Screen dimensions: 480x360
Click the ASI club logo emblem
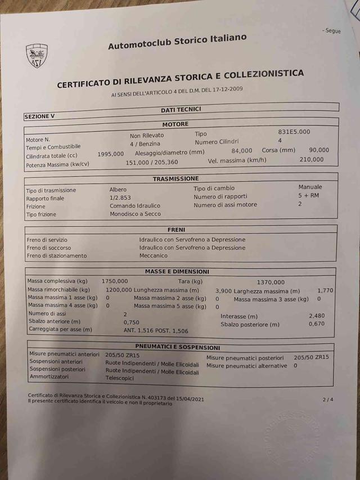[37, 57]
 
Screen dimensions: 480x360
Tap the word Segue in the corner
[332, 31]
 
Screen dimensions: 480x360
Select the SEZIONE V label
[39, 116]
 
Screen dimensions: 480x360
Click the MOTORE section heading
[175, 124]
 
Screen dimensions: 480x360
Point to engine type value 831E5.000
[294, 132]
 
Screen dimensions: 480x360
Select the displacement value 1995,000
[110, 154]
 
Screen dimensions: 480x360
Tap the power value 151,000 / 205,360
[151, 162]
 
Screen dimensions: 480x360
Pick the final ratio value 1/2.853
[120, 198]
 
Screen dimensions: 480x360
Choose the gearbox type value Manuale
[310, 187]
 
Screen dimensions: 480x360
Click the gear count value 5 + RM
[308, 195]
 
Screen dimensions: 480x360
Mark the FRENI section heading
[176, 230]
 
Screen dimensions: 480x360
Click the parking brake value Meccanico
[154, 255]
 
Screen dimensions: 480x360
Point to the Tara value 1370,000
[271, 282]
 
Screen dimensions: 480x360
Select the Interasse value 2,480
[317, 316]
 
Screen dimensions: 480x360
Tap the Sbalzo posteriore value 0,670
[317, 324]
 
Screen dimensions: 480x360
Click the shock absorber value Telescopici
[121, 379]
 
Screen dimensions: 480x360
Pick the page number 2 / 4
[327, 400]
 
